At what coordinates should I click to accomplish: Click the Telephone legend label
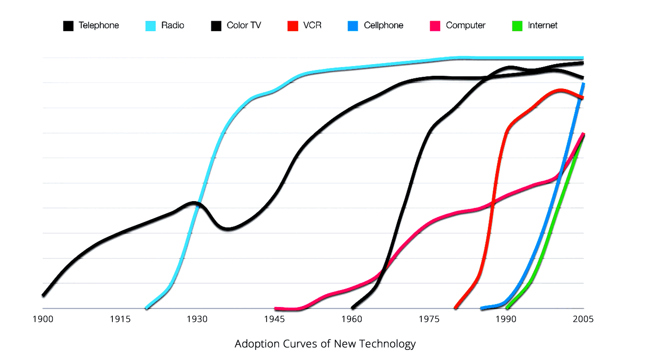click(99, 25)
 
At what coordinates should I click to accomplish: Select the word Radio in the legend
click(173, 25)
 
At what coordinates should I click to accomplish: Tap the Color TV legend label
click(244, 25)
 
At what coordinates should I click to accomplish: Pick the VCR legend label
click(312, 25)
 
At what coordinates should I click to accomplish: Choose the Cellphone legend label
click(384, 25)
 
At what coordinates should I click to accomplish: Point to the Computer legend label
click(466, 25)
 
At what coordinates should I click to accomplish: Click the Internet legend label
click(543, 25)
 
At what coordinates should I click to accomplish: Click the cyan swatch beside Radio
click(151, 25)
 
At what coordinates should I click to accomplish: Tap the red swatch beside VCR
click(292, 25)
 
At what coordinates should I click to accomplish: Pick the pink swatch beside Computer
click(435, 25)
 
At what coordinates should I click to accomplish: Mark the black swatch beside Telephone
click(68, 25)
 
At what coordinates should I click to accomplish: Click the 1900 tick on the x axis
click(42, 319)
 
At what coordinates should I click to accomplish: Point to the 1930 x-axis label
click(197, 319)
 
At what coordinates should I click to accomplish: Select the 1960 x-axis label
click(352, 319)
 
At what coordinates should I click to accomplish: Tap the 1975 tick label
click(429, 319)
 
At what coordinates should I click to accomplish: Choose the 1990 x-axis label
click(506, 319)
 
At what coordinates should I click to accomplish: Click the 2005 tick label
click(583, 319)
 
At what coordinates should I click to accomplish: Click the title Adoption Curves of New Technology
click(325, 344)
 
